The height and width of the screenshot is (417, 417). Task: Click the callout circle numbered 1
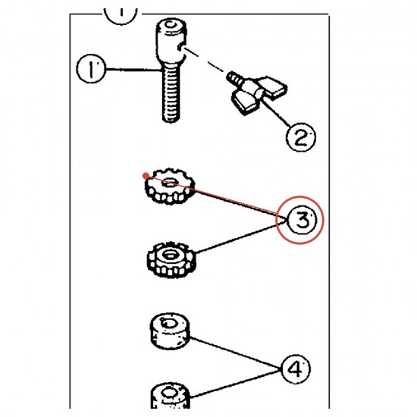(91, 68)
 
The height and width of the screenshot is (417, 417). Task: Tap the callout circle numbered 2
(300, 137)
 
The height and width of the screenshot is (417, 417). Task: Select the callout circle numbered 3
(303, 220)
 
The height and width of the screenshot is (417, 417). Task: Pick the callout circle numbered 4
(295, 369)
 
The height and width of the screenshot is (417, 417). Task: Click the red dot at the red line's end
(146, 176)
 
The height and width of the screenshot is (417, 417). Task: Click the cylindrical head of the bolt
(171, 40)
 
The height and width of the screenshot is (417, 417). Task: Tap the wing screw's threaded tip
(234, 77)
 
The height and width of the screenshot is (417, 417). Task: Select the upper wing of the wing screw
(271, 86)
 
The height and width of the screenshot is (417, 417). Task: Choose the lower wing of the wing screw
(245, 103)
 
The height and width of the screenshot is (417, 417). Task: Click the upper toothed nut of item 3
(170, 187)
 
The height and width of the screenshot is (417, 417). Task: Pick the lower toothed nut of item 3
(171, 259)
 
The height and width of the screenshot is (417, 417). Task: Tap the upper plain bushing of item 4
(170, 331)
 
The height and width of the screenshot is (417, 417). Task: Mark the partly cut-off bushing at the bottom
(170, 396)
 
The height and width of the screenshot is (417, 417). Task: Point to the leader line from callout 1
(133, 70)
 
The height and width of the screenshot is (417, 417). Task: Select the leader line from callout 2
(276, 112)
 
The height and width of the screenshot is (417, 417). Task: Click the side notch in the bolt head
(181, 47)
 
